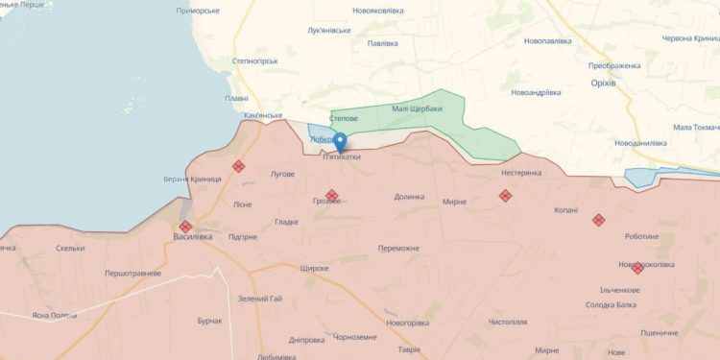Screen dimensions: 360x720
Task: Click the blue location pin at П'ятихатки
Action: coord(339,141)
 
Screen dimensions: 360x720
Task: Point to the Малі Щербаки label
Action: coord(417,108)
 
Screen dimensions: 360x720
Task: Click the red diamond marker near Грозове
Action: coord(331,196)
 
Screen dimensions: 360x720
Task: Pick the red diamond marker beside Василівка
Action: coord(185,227)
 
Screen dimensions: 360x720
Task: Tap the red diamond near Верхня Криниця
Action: coord(238,166)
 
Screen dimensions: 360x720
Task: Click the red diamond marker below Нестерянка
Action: coord(505,196)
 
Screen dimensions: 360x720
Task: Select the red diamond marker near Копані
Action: coord(598,219)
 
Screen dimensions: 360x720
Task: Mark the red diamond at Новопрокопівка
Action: coord(637,268)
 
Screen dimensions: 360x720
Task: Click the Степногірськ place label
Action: coord(254,60)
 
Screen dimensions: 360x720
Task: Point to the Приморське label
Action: coord(198,11)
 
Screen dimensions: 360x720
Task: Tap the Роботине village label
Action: coord(641,236)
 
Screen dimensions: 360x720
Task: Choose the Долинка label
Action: coord(409,197)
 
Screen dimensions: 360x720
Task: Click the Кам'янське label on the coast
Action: coord(264,115)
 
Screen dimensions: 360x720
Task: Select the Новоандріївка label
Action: coord(536,92)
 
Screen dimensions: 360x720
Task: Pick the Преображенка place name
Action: coord(614,65)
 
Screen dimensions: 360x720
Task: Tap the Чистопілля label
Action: coord(509,323)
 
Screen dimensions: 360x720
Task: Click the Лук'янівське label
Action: coord(329,30)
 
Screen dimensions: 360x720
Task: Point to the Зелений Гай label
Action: coord(260,299)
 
